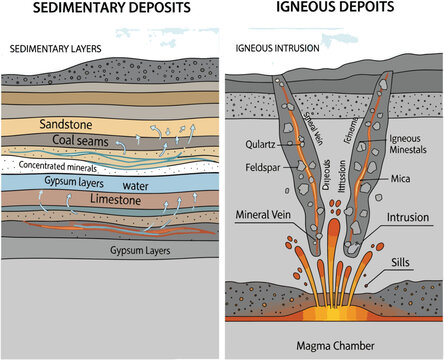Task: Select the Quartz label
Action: pyautogui.click(x=259, y=142)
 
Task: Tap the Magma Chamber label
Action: pyautogui.click(x=334, y=345)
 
